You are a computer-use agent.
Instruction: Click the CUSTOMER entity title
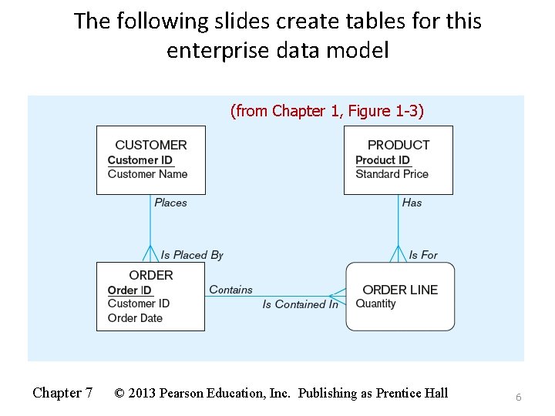tap(150, 145)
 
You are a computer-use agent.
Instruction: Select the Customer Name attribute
tap(147, 174)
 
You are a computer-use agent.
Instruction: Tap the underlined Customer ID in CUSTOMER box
tap(140, 160)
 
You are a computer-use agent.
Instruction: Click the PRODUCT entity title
tap(399, 145)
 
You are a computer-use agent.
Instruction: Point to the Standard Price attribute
tap(392, 174)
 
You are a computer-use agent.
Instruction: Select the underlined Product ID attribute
tap(383, 160)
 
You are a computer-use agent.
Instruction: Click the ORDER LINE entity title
tap(400, 290)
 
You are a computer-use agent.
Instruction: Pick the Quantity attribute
tap(375, 304)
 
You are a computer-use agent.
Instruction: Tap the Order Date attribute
tap(135, 318)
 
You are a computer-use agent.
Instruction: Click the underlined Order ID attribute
tap(129, 290)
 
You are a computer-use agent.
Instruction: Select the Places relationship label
tap(170, 203)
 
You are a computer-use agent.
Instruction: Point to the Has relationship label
tap(412, 203)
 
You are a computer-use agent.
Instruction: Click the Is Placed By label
tap(192, 255)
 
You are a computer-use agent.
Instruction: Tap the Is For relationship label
tap(423, 255)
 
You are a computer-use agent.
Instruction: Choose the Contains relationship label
tap(230, 290)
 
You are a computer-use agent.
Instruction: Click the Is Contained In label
tap(300, 304)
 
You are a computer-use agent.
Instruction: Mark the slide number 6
tap(519, 397)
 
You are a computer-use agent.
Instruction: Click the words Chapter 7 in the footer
tap(62, 393)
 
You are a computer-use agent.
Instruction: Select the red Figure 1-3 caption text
tap(327, 111)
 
